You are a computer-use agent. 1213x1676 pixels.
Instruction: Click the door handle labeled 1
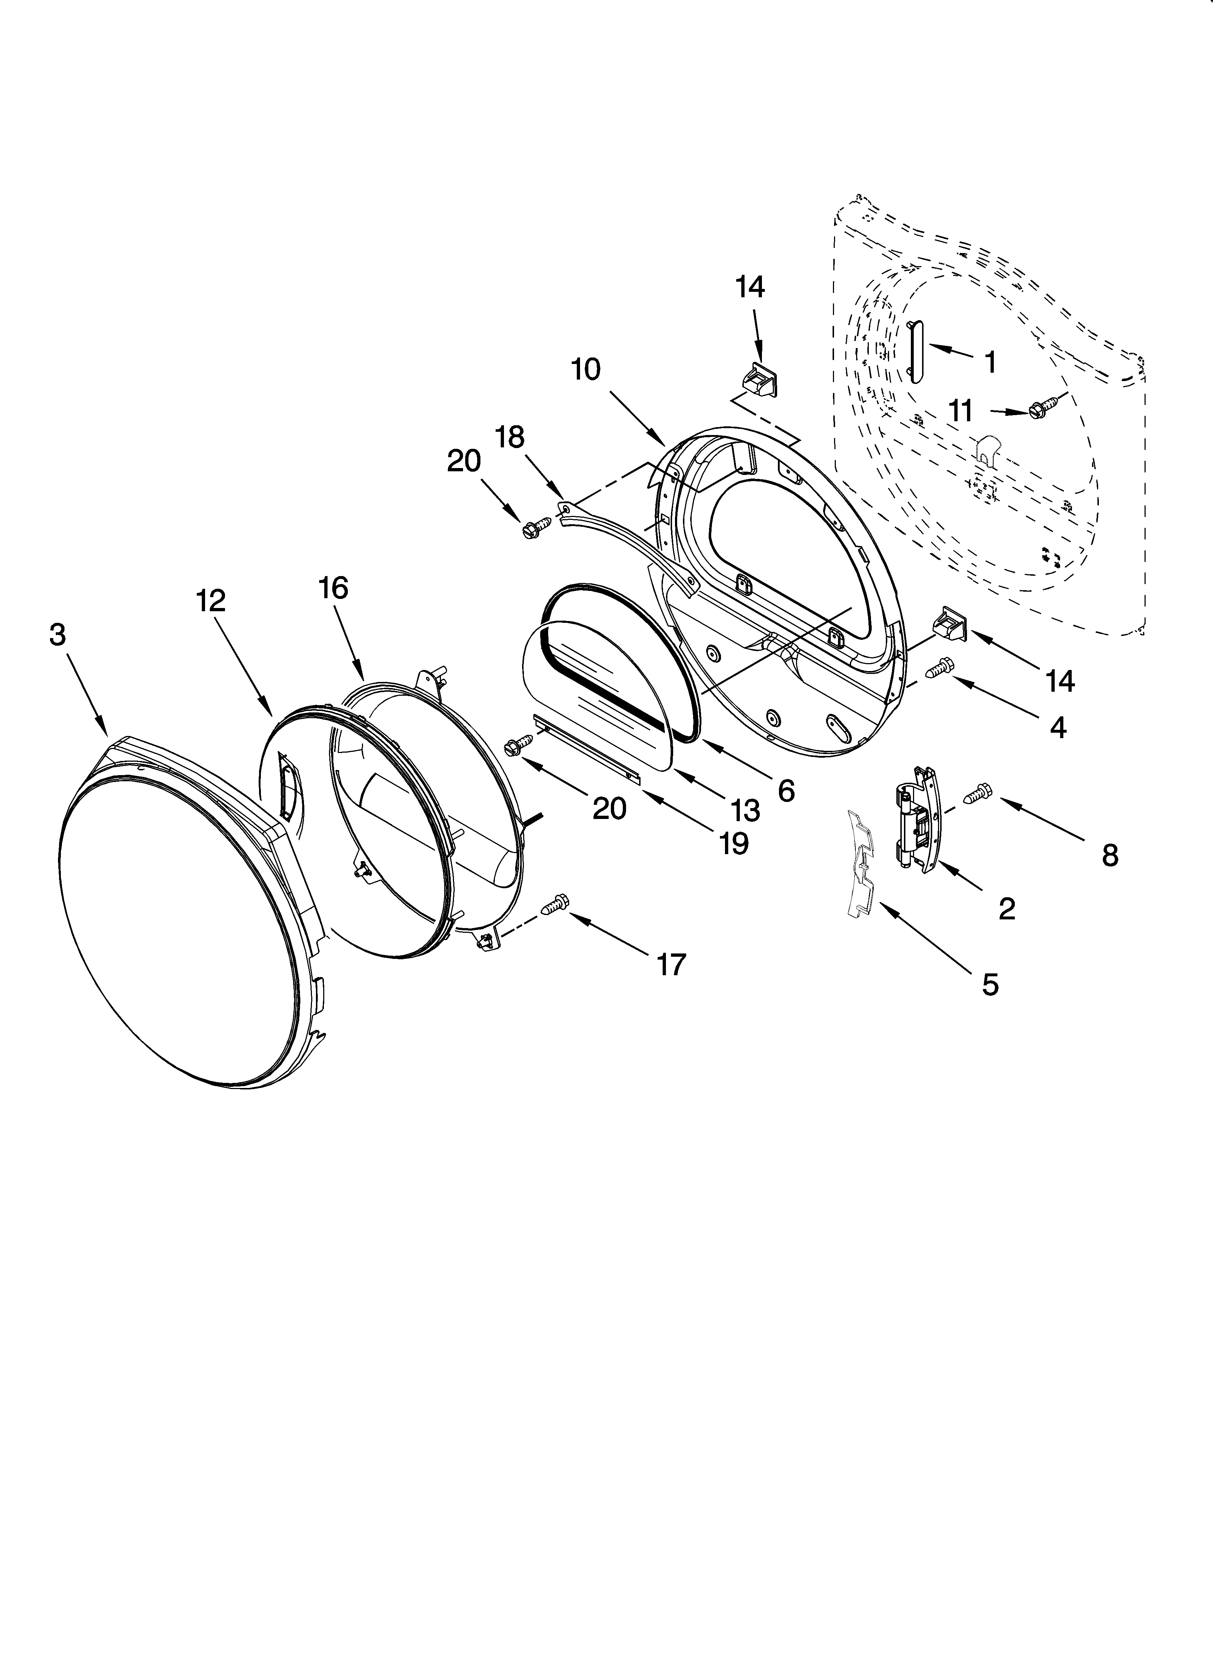point(917,352)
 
